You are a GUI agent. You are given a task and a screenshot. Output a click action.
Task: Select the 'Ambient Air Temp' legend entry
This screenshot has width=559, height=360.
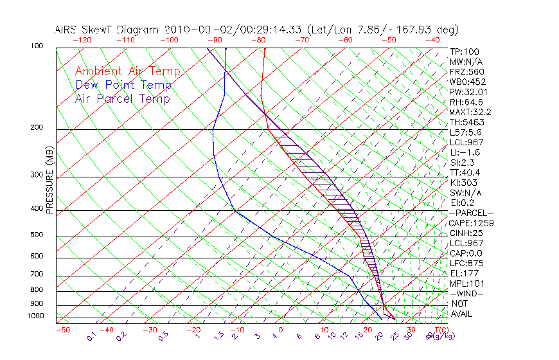[x=127, y=72]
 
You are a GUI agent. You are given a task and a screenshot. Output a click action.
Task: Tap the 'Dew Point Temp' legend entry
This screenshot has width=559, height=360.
[x=123, y=85]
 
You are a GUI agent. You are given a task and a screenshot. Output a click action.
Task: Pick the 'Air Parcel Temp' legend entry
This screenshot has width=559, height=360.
[x=122, y=99]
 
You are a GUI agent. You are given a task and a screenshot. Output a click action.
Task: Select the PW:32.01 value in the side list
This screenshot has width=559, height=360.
[x=466, y=92]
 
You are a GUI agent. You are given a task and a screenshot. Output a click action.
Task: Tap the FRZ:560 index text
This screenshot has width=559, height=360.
[x=466, y=71]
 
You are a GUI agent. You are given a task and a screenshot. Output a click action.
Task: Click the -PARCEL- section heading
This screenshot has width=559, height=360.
[x=472, y=213]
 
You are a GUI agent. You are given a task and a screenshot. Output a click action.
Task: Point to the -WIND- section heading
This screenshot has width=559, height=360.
[x=467, y=293]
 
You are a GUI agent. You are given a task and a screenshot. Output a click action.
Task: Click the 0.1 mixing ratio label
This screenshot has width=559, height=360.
[x=91, y=336]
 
